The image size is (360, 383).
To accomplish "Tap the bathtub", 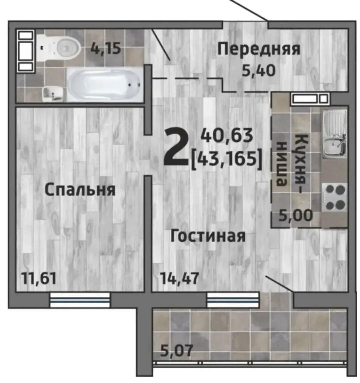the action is [104, 85].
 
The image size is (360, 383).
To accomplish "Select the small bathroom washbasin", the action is [53, 94].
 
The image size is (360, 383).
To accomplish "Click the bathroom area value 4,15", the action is [106, 48].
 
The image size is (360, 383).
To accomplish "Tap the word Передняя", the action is [259, 49].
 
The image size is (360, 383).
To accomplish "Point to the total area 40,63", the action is [227, 136].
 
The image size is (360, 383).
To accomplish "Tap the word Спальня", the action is [80, 190].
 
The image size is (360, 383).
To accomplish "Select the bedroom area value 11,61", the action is [39, 278].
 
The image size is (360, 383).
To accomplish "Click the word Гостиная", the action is [208, 236].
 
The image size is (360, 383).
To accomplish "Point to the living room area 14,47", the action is [180, 278].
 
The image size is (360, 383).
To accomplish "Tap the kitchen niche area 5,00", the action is [296, 215].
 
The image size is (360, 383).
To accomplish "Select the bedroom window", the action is [80, 300].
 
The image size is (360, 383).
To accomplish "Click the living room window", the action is [233, 300].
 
